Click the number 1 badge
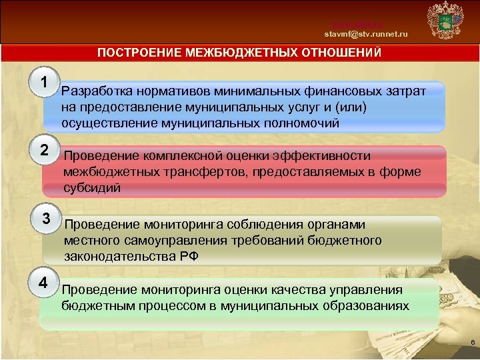pyautogui.click(x=44, y=83)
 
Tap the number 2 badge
pyautogui.click(x=44, y=150)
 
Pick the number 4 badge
pyautogui.click(x=43, y=282)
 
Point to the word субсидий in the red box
pyautogui.click(x=93, y=188)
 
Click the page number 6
pyautogui.click(x=472, y=343)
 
